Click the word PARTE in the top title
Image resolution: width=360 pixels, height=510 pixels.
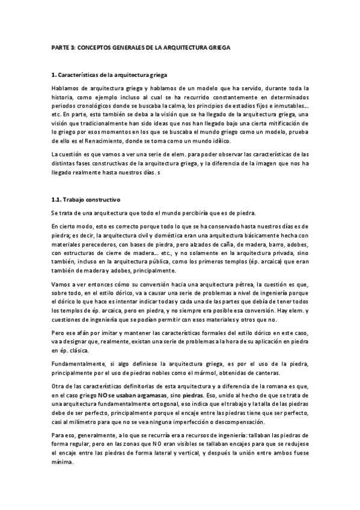click(x=58, y=46)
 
